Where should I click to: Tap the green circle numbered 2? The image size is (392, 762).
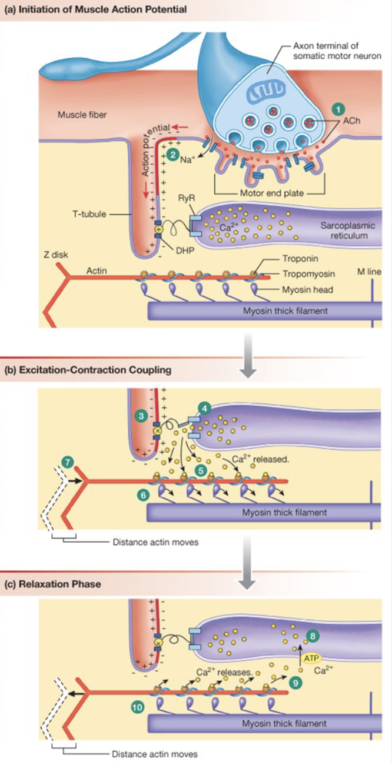point(171,154)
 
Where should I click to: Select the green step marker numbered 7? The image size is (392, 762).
point(69,462)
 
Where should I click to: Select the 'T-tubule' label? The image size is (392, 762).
point(89,215)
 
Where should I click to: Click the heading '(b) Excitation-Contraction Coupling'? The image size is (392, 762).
point(88,370)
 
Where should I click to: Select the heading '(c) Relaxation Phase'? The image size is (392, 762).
point(52,584)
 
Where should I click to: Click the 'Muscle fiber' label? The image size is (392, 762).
point(82,115)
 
